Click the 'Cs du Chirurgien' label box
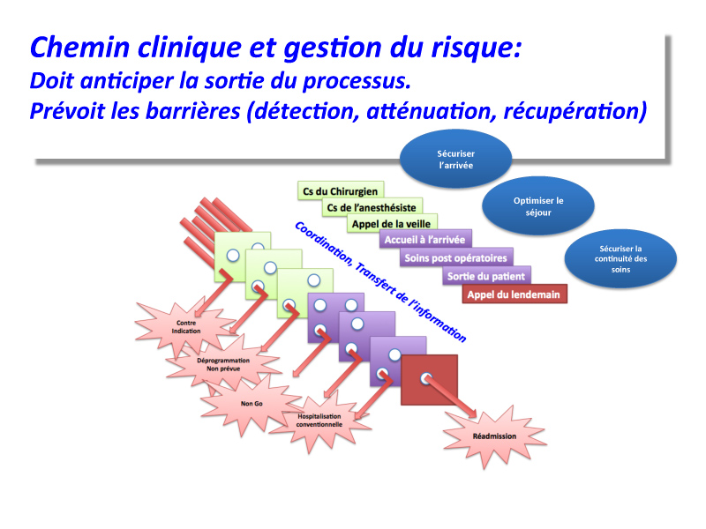[x=341, y=190]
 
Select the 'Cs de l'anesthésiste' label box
[x=372, y=207]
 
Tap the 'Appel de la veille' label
[x=391, y=224]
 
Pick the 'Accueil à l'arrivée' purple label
[x=425, y=239]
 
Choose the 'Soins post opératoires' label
[x=455, y=257]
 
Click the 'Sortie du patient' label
[x=486, y=276]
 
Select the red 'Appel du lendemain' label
[x=514, y=294]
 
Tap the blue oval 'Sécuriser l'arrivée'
[x=455, y=159]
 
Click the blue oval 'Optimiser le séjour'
[x=538, y=206]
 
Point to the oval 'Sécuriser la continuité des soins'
[x=620, y=258]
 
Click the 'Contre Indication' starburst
[x=186, y=327]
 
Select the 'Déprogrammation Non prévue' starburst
[x=223, y=364]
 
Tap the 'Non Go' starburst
[x=252, y=404]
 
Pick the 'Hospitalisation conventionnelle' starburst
[x=319, y=421]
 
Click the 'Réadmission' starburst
[x=494, y=436]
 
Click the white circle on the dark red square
[x=426, y=378]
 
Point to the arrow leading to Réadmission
[x=450, y=397]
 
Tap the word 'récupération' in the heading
[x=575, y=111]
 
